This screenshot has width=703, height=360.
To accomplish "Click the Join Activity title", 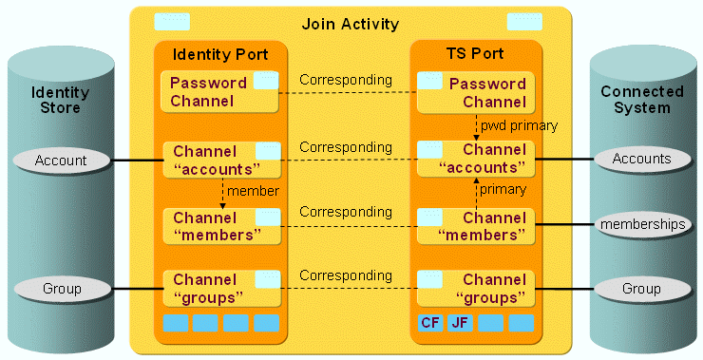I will (x=350, y=24).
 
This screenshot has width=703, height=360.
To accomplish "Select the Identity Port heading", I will (x=219, y=54).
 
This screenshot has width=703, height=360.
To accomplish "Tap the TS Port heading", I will (x=476, y=54).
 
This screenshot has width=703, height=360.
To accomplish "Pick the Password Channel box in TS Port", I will (x=476, y=91).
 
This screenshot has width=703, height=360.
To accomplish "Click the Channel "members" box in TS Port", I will (x=476, y=226).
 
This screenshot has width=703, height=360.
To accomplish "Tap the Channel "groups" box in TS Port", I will (x=476, y=288).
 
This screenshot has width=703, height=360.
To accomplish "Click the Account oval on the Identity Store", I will (x=61, y=161).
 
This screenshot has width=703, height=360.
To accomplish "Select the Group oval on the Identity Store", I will (x=61, y=288).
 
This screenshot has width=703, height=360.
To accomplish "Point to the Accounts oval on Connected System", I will (x=641, y=159).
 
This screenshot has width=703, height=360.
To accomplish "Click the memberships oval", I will (x=641, y=225).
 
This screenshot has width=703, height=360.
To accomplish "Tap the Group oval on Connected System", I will (x=641, y=288).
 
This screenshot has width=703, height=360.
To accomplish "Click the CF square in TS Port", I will (x=430, y=323).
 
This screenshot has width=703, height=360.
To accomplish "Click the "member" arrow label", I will (x=254, y=191).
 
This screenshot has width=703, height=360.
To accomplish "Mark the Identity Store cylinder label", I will (x=61, y=100).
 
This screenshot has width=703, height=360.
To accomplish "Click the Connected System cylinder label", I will (x=641, y=100).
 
